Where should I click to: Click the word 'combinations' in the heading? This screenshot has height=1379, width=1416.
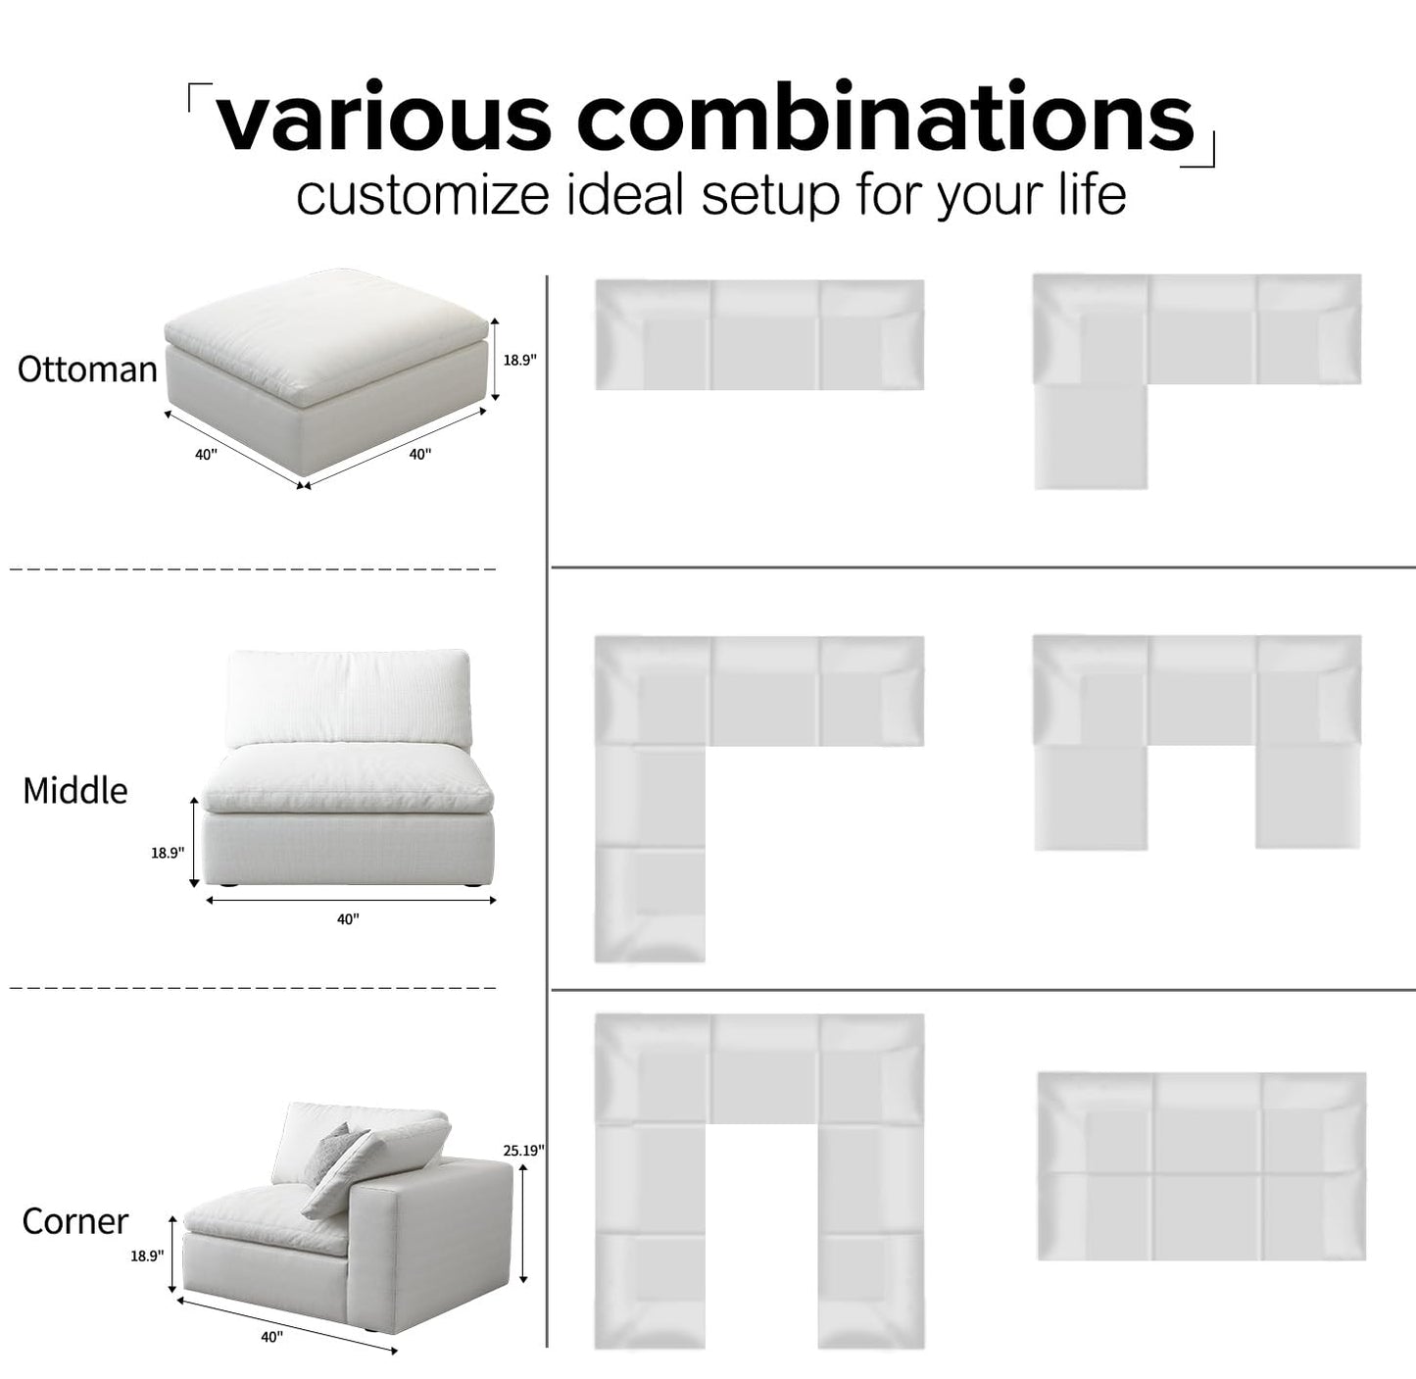(x=885, y=119)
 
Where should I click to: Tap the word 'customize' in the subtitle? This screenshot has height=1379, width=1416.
(x=422, y=195)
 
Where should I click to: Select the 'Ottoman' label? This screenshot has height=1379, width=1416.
(x=87, y=369)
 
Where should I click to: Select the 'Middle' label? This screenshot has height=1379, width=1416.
(x=75, y=791)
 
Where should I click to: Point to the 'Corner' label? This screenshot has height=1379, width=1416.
(x=75, y=1221)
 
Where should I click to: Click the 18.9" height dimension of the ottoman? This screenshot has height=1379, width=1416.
(x=519, y=360)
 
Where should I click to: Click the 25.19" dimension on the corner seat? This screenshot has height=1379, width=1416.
(x=523, y=1151)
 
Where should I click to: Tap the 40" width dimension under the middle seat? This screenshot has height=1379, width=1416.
(x=348, y=919)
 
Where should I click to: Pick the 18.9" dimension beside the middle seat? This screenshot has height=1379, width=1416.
(x=167, y=853)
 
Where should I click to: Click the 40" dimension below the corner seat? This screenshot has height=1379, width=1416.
(x=271, y=1337)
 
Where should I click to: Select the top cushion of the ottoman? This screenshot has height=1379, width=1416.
(x=325, y=328)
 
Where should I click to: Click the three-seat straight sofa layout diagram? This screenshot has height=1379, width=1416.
(x=759, y=335)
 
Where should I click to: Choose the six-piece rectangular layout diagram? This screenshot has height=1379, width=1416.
(x=1201, y=1166)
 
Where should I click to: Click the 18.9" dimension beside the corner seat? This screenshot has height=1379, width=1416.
(x=147, y=1256)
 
